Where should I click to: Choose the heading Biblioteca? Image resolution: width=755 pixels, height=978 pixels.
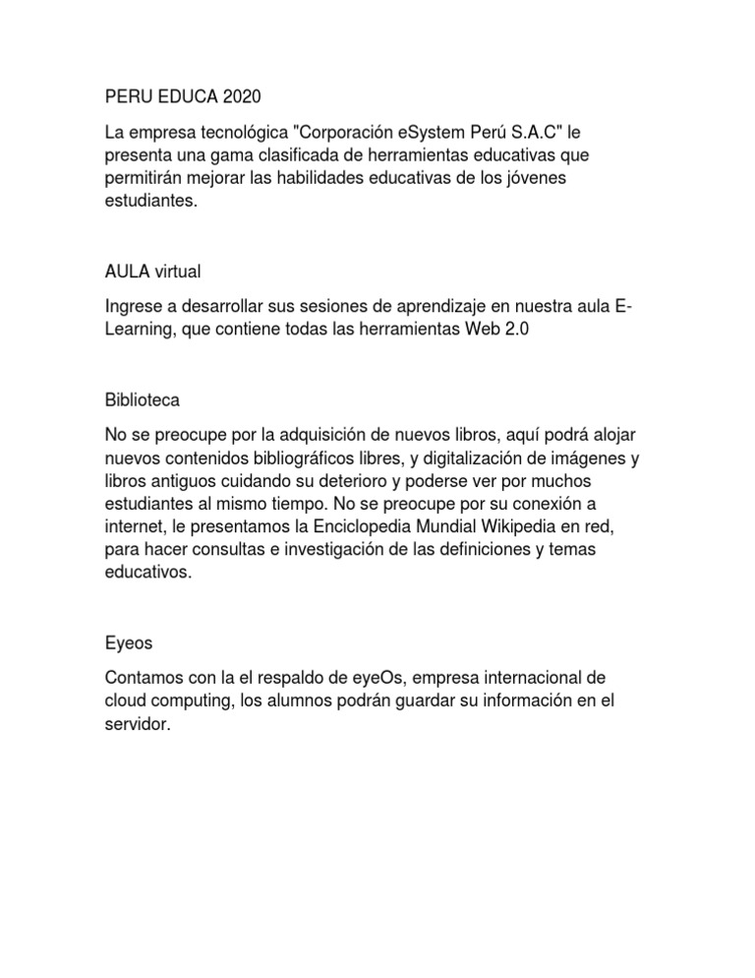tap(142, 401)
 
